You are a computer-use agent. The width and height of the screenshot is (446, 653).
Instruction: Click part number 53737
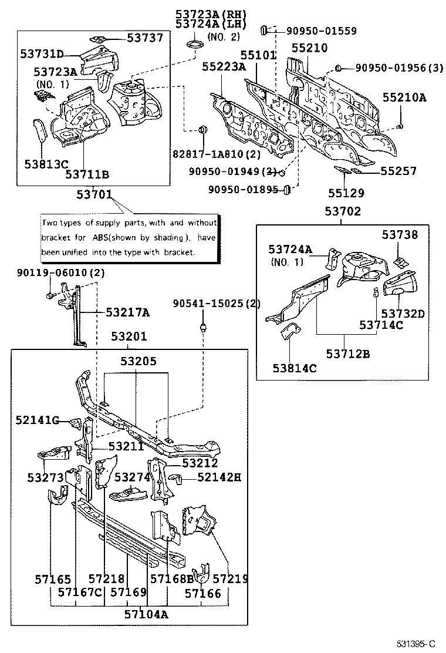click(x=146, y=38)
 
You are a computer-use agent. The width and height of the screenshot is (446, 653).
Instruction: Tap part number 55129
click(x=346, y=193)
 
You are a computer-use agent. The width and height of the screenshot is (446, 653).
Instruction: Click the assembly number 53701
click(x=95, y=194)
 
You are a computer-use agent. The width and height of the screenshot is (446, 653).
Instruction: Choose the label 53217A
click(x=127, y=313)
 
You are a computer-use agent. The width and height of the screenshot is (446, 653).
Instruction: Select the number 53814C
click(x=294, y=368)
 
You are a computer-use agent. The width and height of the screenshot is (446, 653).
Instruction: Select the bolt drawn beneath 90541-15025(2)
click(x=203, y=326)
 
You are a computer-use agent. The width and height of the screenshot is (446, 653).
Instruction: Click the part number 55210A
click(x=405, y=98)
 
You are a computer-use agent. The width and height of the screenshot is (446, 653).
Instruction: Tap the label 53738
click(x=400, y=234)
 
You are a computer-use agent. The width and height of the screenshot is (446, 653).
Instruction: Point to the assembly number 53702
click(x=343, y=212)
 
